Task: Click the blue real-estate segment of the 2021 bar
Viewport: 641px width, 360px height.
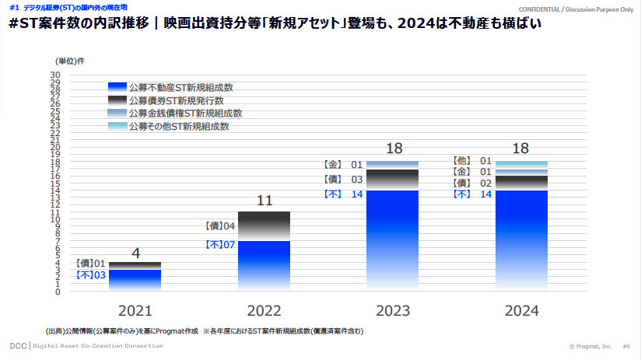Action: pyautogui.click(x=135, y=280)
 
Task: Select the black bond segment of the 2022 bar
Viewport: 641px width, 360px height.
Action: pyautogui.click(x=264, y=226)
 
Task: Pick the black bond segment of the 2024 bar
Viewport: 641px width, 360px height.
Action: pyautogui.click(x=520, y=183)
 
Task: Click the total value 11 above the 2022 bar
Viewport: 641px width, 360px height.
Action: pyautogui.click(x=264, y=201)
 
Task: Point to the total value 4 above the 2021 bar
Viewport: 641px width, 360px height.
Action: pyautogui.click(x=135, y=253)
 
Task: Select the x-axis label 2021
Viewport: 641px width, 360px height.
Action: pyautogui.click(x=135, y=311)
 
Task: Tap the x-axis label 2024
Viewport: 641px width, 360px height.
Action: pyautogui.click(x=521, y=311)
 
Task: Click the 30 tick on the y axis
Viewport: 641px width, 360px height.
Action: pyautogui.click(x=55, y=75)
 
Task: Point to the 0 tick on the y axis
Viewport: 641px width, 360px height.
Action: pyautogui.click(x=58, y=292)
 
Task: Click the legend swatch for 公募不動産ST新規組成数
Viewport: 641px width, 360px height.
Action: pyautogui.click(x=117, y=87)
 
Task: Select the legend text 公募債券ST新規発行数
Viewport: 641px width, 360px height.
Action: pyautogui.click(x=177, y=100)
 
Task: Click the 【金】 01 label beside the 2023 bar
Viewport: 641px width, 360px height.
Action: pyautogui.click(x=343, y=165)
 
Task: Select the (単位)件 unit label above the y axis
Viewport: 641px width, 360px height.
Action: pyautogui.click(x=70, y=60)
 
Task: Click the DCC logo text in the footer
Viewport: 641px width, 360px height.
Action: pyautogui.click(x=18, y=345)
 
